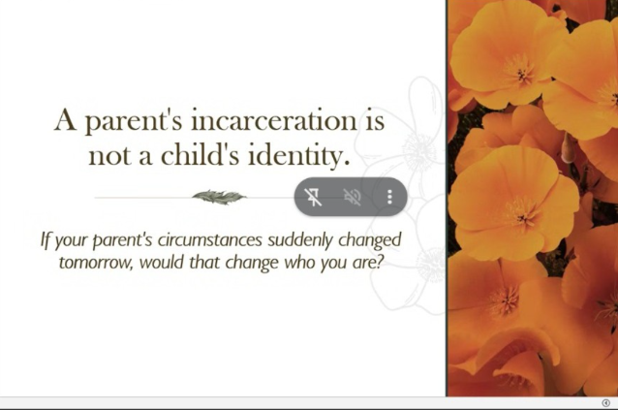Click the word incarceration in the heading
[274, 120]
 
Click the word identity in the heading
[298, 155]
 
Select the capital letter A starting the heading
[65, 120]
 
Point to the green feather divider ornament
[219, 197]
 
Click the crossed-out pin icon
[313, 197]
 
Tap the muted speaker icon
[352, 197]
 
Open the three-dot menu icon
[389, 197]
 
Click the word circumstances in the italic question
[209, 239]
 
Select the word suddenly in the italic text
[300, 240]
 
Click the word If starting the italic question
[46, 240]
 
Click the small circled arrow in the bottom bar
[606, 403]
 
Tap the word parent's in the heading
[134, 121]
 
